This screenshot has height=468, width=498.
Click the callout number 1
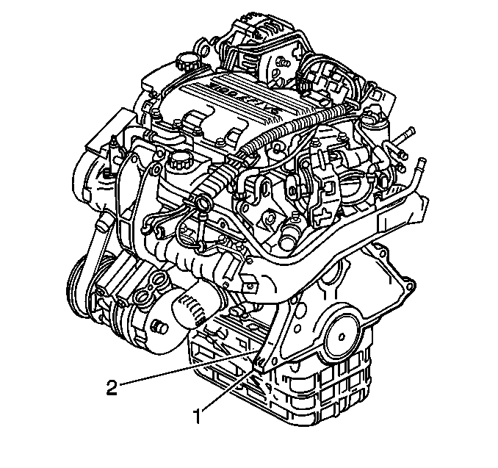(x=198, y=417)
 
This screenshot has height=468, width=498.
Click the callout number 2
(x=112, y=387)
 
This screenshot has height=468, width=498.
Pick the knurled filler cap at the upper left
(x=184, y=61)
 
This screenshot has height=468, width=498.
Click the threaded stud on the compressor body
(x=159, y=326)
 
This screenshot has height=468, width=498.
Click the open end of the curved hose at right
(x=421, y=162)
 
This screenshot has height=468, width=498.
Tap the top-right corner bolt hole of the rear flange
(x=411, y=282)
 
